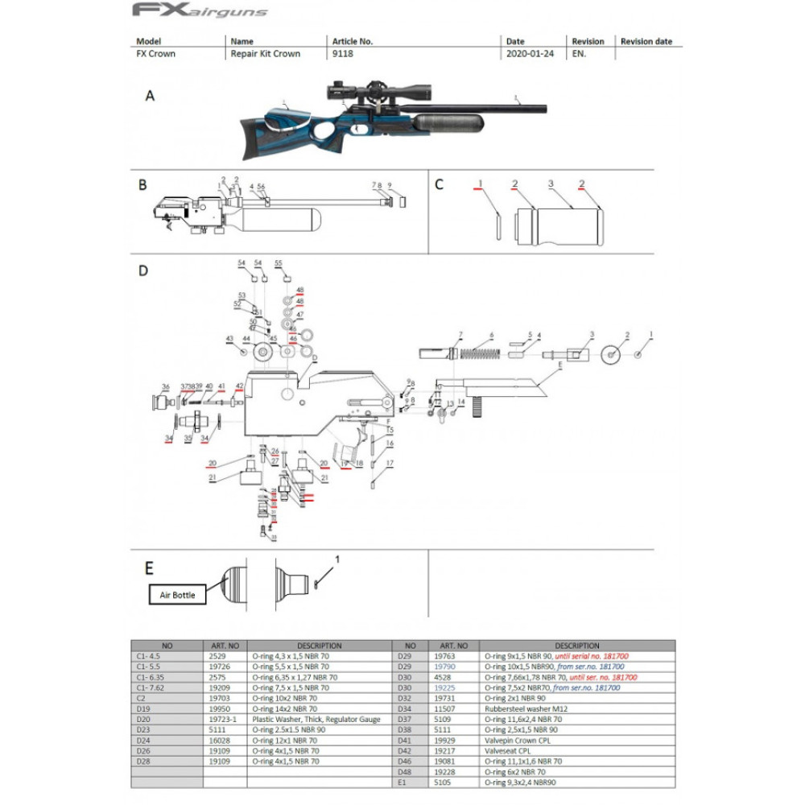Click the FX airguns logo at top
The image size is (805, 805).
coord(200,10)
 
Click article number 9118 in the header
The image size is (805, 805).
coord(342,54)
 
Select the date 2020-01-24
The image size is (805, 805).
coord(527,54)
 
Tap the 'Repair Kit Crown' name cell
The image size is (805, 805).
coord(265,54)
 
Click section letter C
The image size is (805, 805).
coord(439,184)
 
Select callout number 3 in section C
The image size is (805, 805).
coord(551,184)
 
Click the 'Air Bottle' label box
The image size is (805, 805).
coord(176,595)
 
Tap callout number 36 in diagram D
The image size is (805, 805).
coord(165,386)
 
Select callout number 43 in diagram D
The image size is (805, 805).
coord(229,338)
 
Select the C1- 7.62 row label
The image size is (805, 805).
coord(151,687)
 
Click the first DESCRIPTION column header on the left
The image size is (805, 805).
coord(320,646)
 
